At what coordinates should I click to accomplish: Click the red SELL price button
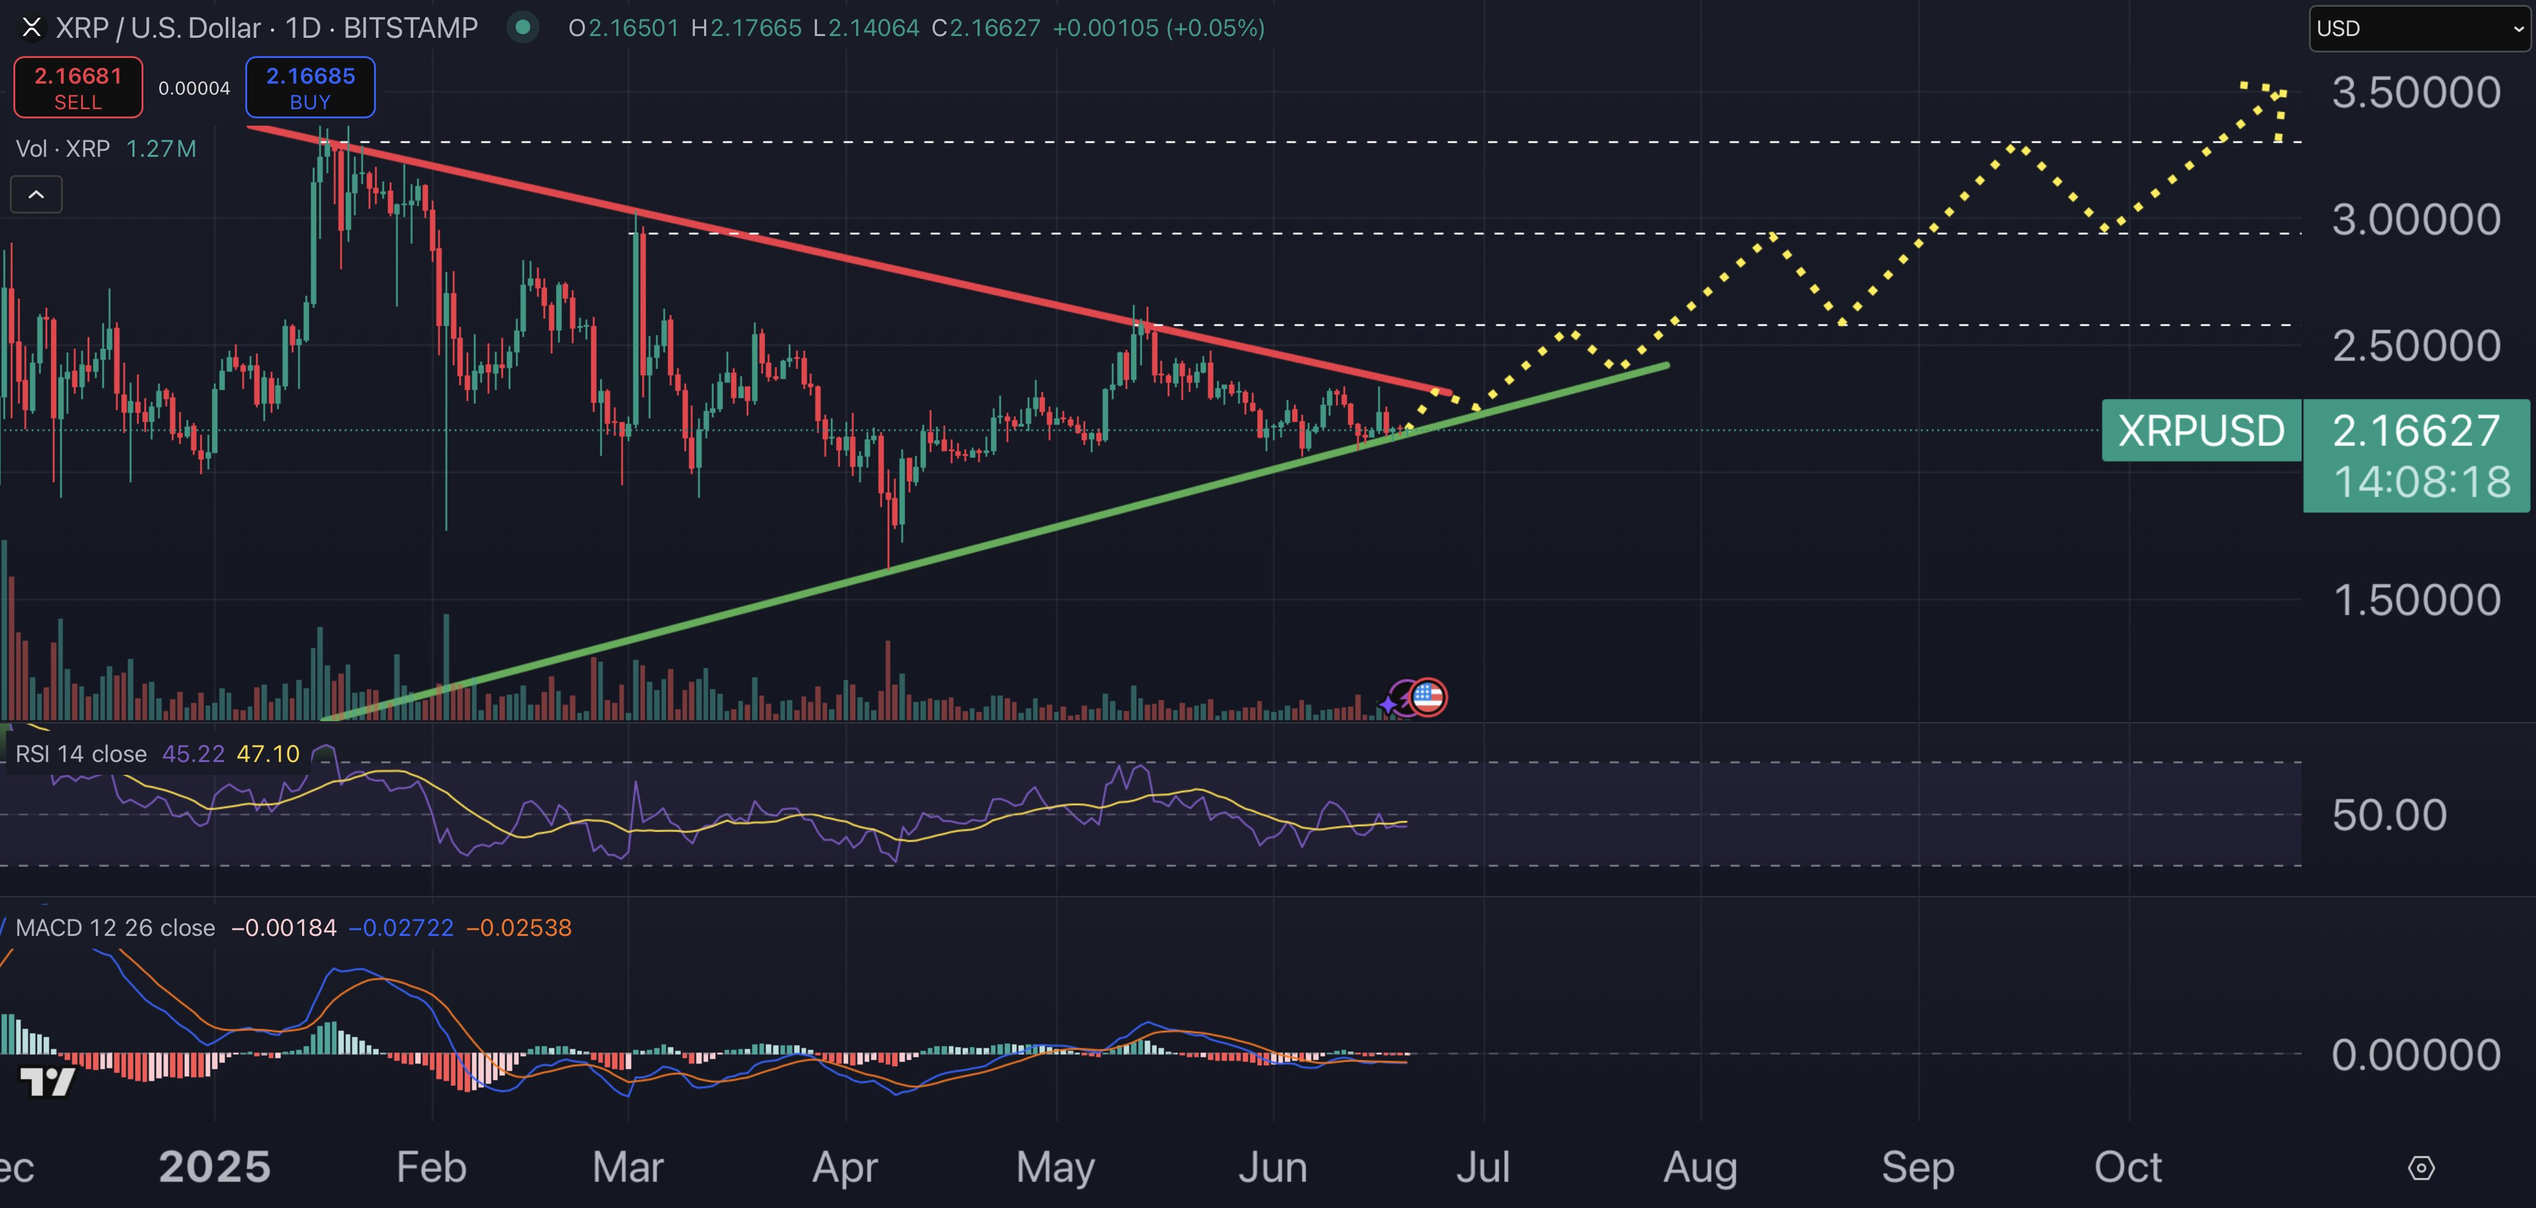pos(77,88)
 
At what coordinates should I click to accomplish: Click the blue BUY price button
pos(310,88)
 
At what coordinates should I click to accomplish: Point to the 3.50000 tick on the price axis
pos(2416,93)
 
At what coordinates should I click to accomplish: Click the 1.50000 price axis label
pos(2416,600)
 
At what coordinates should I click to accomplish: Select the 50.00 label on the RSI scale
pos(2390,815)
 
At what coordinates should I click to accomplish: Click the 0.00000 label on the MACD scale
pos(2416,1054)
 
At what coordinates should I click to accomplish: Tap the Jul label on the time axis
pos(1483,1168)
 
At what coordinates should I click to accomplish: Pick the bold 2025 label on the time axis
pos(215,1168)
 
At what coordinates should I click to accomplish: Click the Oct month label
pos(2127,1168)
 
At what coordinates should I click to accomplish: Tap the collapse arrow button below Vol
pos(37,195)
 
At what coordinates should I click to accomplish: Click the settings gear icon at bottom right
pos(2421,1168)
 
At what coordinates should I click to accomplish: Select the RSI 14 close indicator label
pos(81,754)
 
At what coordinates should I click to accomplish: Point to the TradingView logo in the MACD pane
pos(47,1082)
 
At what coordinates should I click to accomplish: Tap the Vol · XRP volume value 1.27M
pos(162,149)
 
